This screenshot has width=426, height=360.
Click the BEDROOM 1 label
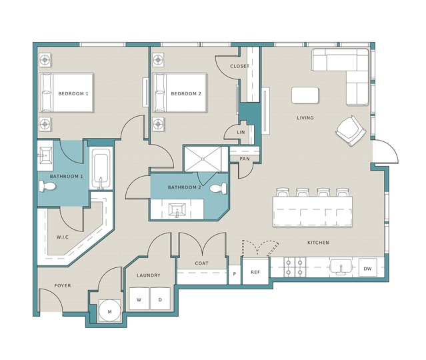(x=73, y=94)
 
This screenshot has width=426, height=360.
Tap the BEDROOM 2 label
(x=186, y=94)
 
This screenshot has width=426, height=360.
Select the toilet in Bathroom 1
(x=47, y=187)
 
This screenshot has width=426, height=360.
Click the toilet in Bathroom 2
(x=218, y=188)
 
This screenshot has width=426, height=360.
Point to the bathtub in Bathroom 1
(x=101, y=168)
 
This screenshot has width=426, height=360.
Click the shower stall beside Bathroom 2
(x=203, y=159)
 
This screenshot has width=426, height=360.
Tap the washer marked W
(x=139, y=299)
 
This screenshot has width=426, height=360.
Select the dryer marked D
(x=160, y=299)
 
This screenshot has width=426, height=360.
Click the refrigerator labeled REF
(x=255, y=271)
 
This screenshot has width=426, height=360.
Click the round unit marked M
(x=109, y=311)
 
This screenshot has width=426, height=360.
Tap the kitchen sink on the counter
(x=341, y=266)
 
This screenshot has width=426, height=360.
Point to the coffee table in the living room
(x=305, y=95)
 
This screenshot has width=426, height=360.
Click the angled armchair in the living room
(x=351, y=131)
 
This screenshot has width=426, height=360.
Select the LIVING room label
(x=305, y=118)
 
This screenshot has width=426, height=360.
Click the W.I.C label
(x=63, y=237)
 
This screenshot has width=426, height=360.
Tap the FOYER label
(x=63, y=285)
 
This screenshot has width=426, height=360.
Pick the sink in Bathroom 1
(x=46, y=155)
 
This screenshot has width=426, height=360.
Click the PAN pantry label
(x=245, y=159)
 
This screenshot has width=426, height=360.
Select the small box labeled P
(x=235, y=274)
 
